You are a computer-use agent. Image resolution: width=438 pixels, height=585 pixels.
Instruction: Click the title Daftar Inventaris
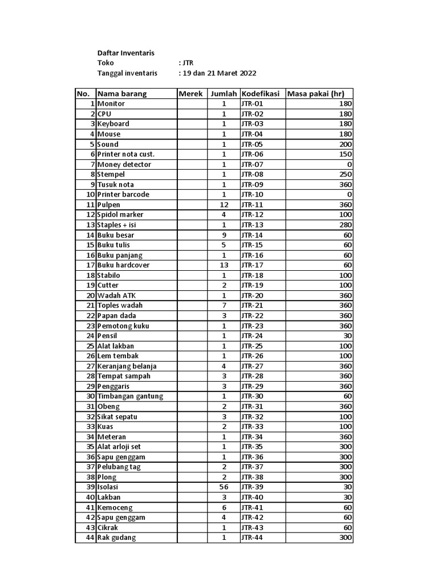pyautogui.click(x=126, y=53)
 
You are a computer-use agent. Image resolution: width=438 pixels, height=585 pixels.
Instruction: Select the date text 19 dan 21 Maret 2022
pyautogui.click(x=219, y=73)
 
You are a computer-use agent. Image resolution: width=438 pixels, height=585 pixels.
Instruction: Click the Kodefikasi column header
pyautogui.click(x=261, y=94)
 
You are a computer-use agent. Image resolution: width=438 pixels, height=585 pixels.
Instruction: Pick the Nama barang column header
pyautogui.click(x=122, y=94)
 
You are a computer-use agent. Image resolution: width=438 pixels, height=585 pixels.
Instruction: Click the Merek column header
pyautogui.click(x=191, y=94)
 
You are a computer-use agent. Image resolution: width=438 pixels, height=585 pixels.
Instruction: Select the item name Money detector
pyautogui.click(x=124, y=165)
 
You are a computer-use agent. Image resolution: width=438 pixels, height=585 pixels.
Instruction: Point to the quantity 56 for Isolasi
pyautogui.click(x=224, y=487)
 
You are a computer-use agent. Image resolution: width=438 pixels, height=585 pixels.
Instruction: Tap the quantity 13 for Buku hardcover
pyautogui.click(x=224, y=265)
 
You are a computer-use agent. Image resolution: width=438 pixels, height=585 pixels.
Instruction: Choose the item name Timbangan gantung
pyautogui.click(x=130, y=396)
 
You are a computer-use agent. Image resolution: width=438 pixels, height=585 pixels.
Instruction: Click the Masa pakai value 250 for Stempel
pyautogui.click(x=346, y=174)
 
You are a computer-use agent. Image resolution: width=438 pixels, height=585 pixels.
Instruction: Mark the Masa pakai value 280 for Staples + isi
pyautogui.click(x=346, y=225)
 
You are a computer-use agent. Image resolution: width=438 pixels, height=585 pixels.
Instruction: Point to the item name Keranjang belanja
pyautogui.click(x=127, y=366)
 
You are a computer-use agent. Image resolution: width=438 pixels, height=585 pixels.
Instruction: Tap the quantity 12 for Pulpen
pyautogui.click(x=224, y=205)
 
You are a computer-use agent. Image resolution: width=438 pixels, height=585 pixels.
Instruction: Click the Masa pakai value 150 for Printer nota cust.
pyautogui.click(x=346, y=154)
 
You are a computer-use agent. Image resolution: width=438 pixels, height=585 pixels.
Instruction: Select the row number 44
pyautogui.click(x=90, y=538)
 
